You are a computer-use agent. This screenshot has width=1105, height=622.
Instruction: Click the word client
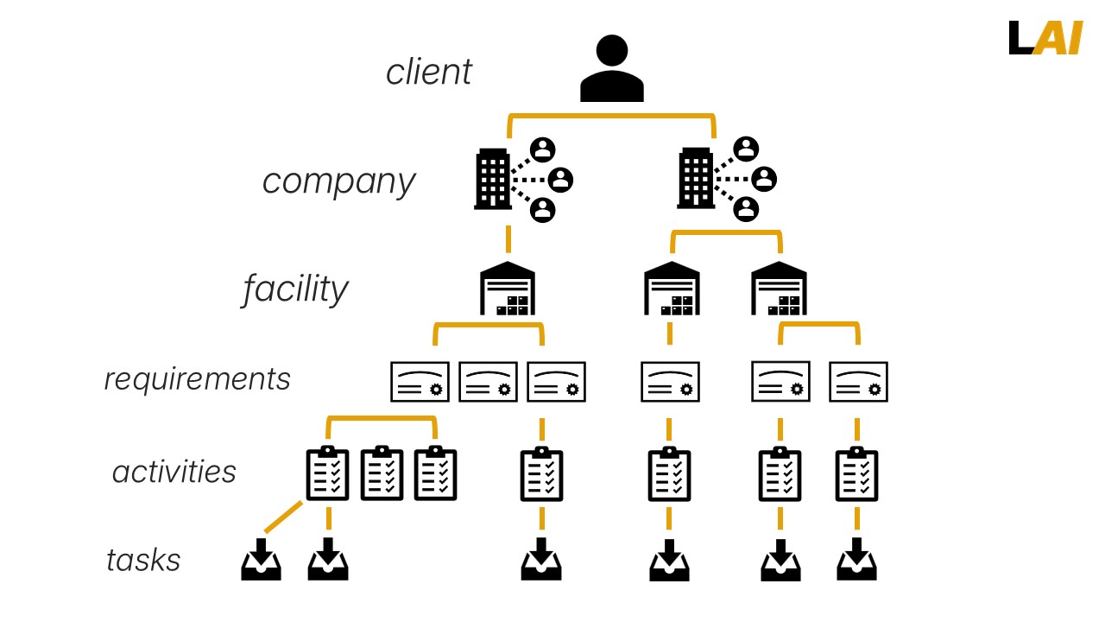point(428,72)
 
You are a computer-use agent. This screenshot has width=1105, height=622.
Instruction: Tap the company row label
point(338,181)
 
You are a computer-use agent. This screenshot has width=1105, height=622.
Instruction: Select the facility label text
point(295,289)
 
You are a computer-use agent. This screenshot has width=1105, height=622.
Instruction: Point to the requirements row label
point(197,379)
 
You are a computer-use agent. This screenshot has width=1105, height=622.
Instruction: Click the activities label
point(174,472)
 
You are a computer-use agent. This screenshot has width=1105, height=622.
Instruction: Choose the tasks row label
point(143,560)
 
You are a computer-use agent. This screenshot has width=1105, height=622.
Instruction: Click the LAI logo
point(1045,38)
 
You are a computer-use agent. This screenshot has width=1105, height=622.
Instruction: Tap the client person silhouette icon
point(611,69)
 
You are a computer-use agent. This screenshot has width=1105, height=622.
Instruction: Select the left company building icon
point(493,179)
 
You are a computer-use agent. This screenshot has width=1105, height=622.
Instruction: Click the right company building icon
point(696,179)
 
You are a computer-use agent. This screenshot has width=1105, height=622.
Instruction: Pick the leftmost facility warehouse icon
point(508,289)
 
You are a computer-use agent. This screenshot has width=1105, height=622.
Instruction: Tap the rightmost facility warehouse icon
point(779,289)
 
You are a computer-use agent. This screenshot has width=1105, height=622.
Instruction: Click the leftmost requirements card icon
point(420,381)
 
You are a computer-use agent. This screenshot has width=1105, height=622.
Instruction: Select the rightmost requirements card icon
point(858,381)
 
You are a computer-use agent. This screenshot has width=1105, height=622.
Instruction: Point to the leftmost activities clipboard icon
point(328,473)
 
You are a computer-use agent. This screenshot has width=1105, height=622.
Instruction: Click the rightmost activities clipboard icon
point(857,473)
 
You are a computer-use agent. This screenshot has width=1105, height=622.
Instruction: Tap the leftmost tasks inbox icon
point(261,560)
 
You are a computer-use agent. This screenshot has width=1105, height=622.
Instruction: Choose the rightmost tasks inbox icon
point(857,560)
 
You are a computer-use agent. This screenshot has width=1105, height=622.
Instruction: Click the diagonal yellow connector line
point(282,517)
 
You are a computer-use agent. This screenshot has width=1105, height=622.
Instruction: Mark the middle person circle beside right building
point(763,179)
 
